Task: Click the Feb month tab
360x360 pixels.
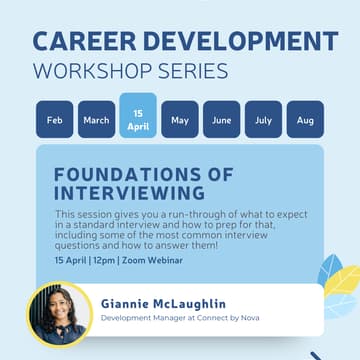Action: pos(54,120)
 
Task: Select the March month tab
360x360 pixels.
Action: pos(96,120)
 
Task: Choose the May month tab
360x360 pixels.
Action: pos(180,120)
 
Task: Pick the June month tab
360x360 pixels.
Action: pos(222,120)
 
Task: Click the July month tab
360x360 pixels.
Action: pos(263,120)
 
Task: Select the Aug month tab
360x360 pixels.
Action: pos(305,120)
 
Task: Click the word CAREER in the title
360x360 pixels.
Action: pos(87,42)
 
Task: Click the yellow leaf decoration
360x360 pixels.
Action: pos(337,300)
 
